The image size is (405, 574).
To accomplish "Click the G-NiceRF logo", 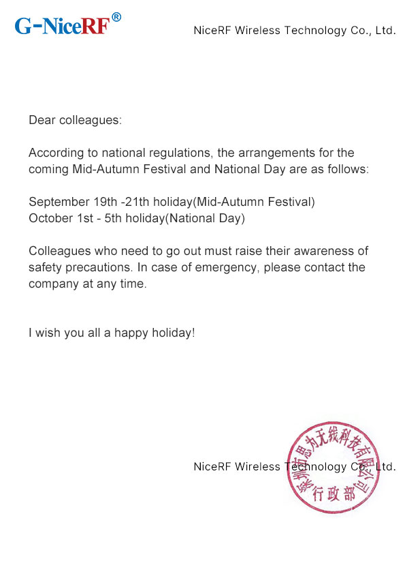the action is point(62,26).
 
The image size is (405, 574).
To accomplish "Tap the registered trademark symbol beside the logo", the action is point(116,17).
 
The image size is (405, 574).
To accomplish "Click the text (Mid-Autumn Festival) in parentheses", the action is point(254,202).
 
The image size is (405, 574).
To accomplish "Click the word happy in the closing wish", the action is point(129,333).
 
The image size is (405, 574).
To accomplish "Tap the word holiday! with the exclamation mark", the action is point(175,333).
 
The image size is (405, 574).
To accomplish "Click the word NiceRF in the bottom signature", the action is point(212,466).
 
